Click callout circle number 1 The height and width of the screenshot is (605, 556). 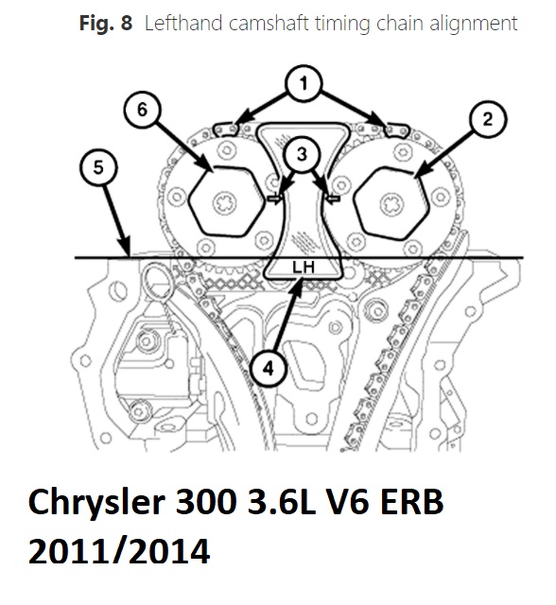(304, 84)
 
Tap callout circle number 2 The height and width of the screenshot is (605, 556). (488, 119)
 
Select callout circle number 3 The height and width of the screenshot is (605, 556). (302, 154)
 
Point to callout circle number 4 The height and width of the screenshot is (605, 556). (269, 369)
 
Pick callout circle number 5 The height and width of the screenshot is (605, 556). (98, 167)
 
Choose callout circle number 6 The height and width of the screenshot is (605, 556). (143, 110)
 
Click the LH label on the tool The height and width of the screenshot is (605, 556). (304, 267)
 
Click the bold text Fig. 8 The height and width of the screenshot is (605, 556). (105, 23)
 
